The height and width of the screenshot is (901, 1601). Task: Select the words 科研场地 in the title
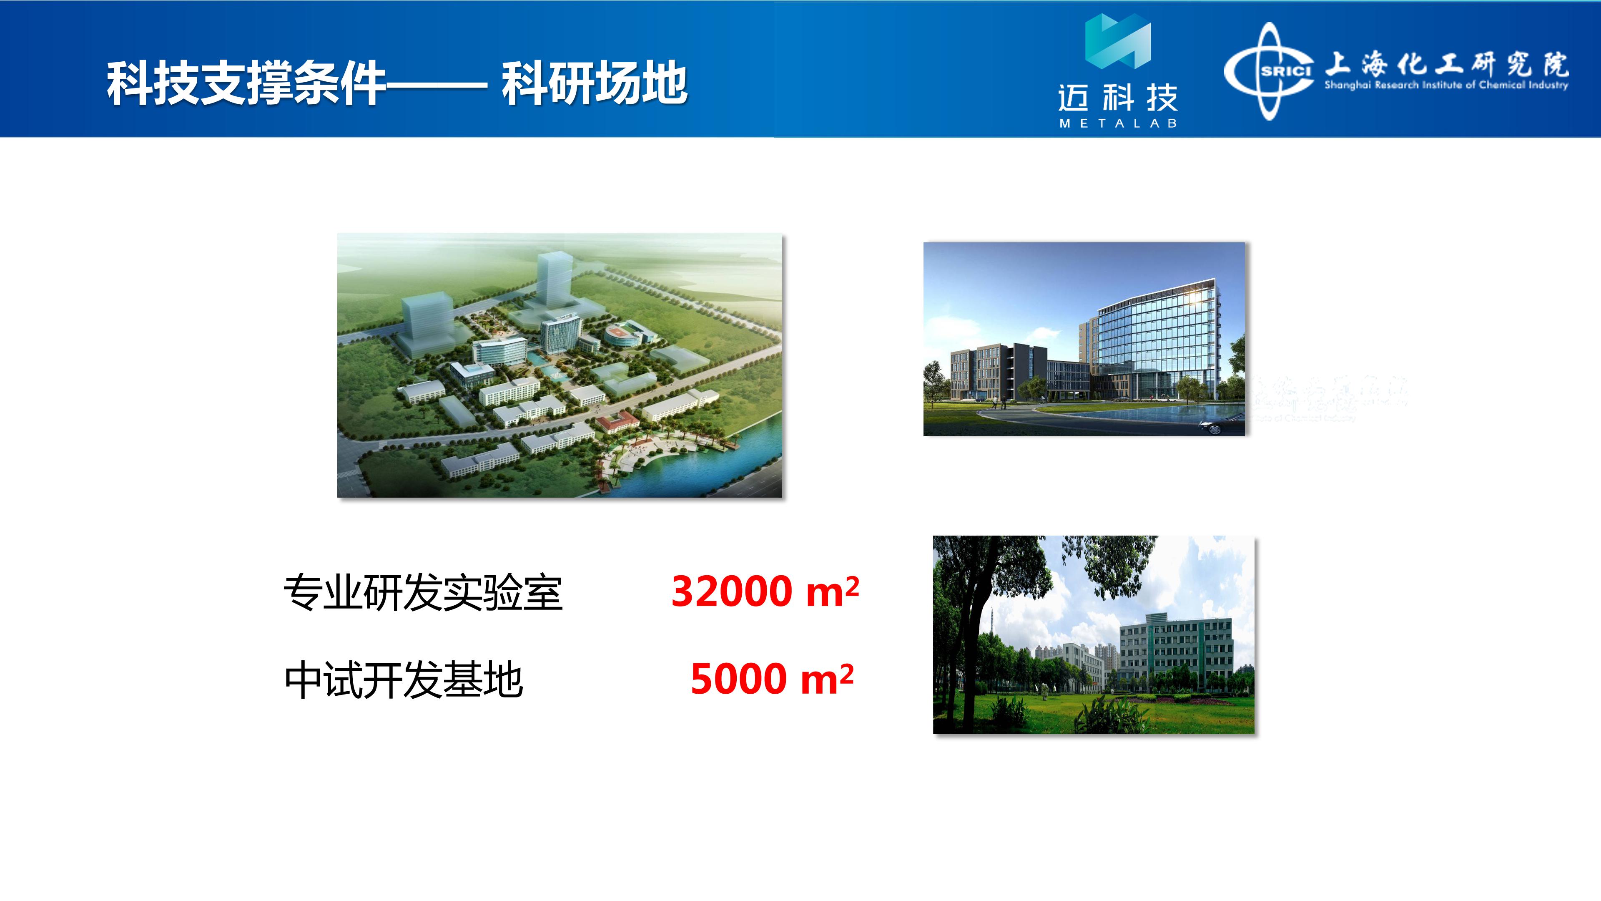[x=595, y=84]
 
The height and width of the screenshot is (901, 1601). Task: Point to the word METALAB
[x=1118, y=124]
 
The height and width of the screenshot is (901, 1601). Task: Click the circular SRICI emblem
[x=1270, y=71]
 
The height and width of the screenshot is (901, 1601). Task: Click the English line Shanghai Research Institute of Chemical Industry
[x=1446, y=85]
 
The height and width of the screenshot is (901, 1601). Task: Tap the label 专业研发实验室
[x=423, y=593]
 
